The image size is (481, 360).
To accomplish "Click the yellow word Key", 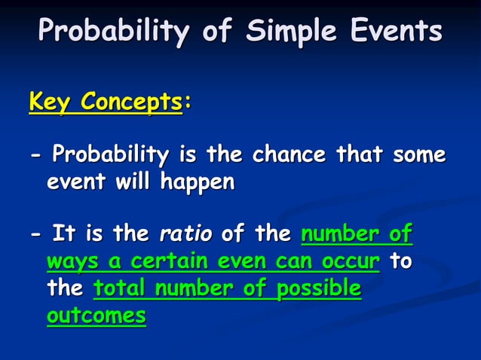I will point(49,101).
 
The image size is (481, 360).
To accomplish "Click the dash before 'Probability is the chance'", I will point(35,156).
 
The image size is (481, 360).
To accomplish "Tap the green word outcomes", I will point(96,316).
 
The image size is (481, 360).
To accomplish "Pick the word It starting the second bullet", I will point(63,234).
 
